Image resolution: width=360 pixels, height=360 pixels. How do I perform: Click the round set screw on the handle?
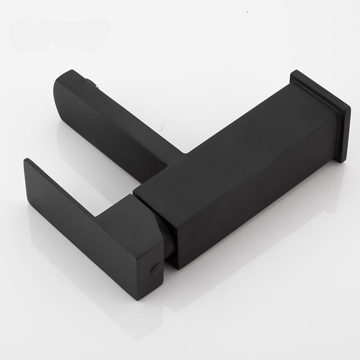point(156,269)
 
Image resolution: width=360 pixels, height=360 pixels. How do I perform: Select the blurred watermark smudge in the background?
point(58,31)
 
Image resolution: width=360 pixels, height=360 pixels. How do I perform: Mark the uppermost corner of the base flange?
point(295,72)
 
